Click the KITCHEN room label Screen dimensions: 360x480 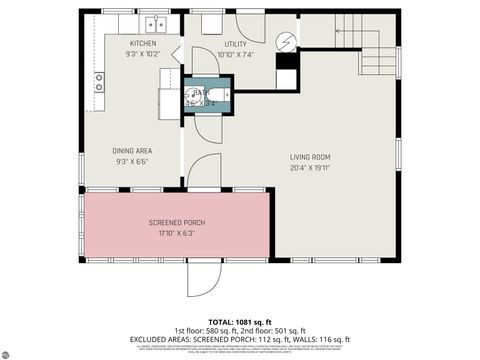click(x=143, y=44)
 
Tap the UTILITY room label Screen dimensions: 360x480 click(x=235, y=44)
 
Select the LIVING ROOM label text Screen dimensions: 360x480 click(x=310, y=157)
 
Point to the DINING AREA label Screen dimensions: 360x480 click(x=132, y=151)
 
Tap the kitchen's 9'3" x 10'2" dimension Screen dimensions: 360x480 click(x=143, y=55)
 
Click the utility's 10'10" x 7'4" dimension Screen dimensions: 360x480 click(x=237, y=55)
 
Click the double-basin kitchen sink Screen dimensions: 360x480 click(x=155, y=23)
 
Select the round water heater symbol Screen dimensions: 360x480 click(x=287, y=42)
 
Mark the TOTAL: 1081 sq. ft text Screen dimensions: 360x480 click(x=240, y=319)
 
